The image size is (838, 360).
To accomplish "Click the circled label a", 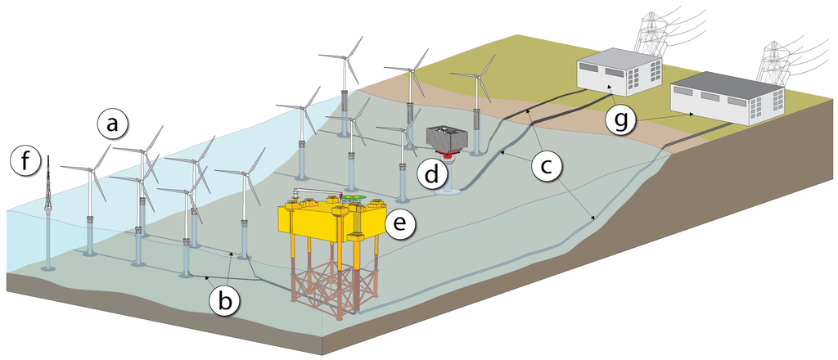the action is [x=112, y=124].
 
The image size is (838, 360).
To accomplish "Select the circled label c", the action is [x=547, y=166].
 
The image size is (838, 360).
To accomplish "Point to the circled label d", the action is [x=431, y=173].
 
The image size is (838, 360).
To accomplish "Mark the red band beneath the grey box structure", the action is [x=448, y=155].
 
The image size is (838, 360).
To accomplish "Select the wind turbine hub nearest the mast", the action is [x=89, y=169].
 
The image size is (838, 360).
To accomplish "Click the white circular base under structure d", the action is [x=448, y=193].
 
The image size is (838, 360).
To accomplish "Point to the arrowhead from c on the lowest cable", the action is [x=592, y=218].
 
